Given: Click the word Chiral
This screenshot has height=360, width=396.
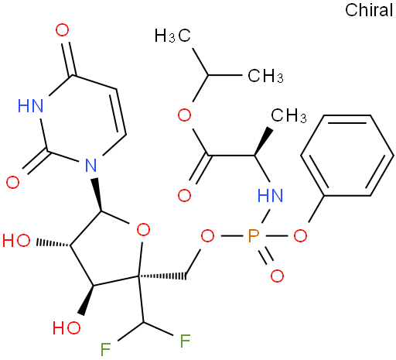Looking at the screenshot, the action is (369, 10).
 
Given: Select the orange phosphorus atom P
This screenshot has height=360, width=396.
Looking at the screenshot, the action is (253, 236).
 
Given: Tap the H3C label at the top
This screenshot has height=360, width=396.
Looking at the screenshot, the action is (172, 36).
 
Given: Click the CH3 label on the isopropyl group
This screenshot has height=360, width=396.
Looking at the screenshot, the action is (265, 76).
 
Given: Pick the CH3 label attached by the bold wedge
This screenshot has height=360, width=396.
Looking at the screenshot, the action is (288, 115).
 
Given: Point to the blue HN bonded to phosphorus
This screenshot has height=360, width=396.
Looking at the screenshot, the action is (270, 195).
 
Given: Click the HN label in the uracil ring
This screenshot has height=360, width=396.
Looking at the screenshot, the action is (30, 105).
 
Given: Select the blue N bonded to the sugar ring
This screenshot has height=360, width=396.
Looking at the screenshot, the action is (91, 165).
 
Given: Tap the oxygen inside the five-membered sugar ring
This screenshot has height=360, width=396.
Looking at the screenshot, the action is (143, 230).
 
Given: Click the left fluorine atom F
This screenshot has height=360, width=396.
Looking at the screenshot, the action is (105, 350).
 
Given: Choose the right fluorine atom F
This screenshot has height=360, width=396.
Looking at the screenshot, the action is (186, 341).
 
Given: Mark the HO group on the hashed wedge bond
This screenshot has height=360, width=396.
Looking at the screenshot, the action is (16, 241).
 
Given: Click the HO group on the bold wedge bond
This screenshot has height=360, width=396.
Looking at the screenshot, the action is (67, 327).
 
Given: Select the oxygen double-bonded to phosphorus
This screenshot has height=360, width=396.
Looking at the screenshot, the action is (277, 276).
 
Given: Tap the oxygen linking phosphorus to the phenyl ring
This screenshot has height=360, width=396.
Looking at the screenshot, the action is (300, 235).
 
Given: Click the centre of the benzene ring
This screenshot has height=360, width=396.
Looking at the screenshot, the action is (347, 156).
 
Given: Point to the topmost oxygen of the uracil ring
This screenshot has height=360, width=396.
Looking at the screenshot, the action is (62, 30).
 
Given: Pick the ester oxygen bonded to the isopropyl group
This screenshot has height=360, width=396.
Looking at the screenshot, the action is (185, 115).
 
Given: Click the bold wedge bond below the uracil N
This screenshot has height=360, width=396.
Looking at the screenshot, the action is (97, 194).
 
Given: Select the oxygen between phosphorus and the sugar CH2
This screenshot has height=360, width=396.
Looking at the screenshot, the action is (207, 236).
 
